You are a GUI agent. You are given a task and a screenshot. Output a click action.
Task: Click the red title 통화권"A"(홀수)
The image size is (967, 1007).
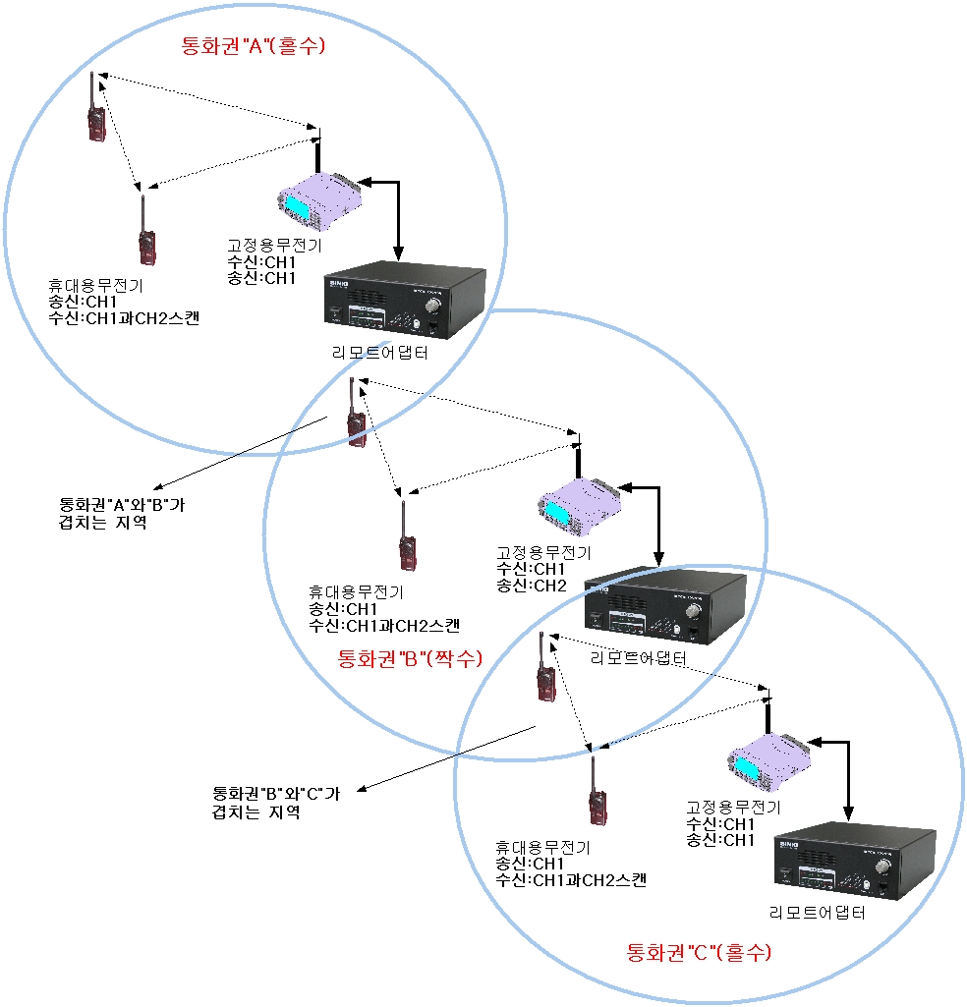[x=253, y=45]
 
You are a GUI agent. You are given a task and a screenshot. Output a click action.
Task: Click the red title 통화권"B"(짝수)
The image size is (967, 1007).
[x=410, y=658]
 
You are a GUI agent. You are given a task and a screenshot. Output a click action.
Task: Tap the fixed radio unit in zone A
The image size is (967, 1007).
[x=319, y=199]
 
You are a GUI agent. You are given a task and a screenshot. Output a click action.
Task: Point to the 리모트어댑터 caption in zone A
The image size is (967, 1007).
[x=380, y=352]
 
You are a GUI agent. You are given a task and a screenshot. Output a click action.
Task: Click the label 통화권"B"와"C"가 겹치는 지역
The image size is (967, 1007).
[x=276, y=803]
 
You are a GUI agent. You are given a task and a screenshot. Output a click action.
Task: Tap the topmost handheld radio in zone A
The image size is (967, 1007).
[x=95, y=113]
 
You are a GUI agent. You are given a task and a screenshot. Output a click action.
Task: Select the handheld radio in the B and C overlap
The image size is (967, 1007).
[x=543, y=673]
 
